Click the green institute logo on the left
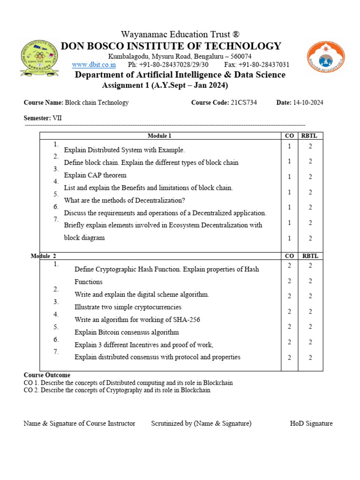[39, 58]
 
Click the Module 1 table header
[159, 136]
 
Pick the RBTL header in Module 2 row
[310, 256]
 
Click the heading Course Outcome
[47, 375]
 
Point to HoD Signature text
[311, 423]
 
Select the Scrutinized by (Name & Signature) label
[201, 423]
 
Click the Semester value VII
[57, 118]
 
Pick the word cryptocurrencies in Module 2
[157, 307]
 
